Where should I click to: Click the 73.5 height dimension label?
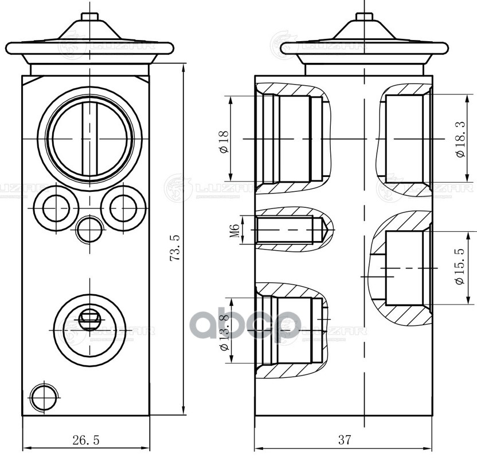[x=175, y=248]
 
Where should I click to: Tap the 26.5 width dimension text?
[x=86, y=440]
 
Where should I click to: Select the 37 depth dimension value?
[x=344, y=440]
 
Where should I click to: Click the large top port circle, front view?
[x=89, y=139]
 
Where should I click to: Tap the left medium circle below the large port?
[x=55, y=207]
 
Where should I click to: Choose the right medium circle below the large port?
[x=123, y=207]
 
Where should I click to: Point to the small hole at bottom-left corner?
[x=44, y=397]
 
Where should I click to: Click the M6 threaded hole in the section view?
[x=290, y=230]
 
